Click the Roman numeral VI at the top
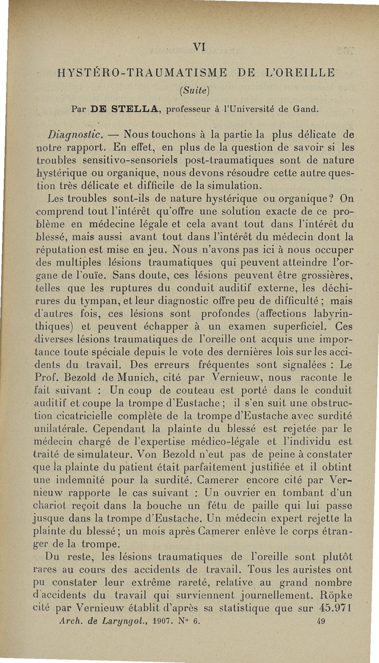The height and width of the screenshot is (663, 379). pos(199,47)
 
